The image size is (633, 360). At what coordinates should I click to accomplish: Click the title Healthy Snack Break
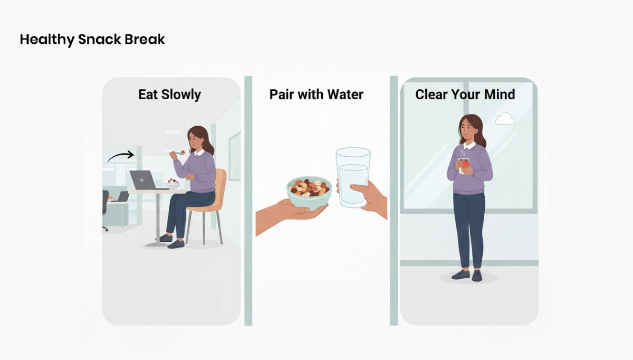pyautogui.click(x=92, y=40)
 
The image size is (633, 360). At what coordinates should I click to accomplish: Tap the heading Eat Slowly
pyautogui.click(x=169, y=94)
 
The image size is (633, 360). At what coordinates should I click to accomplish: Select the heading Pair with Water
pyautogui.click(x=316, y=94)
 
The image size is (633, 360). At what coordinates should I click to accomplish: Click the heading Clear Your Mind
pyautogui.click(x=465, y=94)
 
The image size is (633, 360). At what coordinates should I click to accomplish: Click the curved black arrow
pyautogui.click(x=121, y=156)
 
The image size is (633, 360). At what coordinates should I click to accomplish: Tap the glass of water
pyautogui.click(x=353, y=177)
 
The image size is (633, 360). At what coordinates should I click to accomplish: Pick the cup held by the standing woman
pyautogui.click(x=464, y=166)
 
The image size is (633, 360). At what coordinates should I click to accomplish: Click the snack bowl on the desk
pyautogui.click(x=172, y=184)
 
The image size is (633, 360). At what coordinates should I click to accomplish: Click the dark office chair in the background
pyautogui.click(x=105, y=206)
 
